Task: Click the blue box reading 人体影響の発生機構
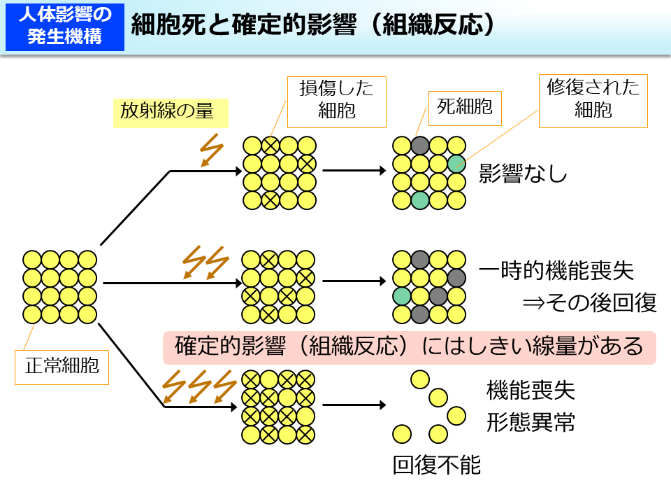65,27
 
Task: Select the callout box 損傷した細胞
336,99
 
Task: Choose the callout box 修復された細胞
593,99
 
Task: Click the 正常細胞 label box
62,366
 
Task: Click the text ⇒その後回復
589,302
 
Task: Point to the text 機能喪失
530,390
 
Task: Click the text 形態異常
530,422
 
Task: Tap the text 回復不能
437,465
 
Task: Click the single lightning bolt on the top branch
210,150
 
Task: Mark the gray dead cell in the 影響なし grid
419,146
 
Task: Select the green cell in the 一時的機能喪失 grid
401,295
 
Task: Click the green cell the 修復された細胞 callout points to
456,164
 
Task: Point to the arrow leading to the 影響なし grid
354,170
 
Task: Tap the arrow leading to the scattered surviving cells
354,405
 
